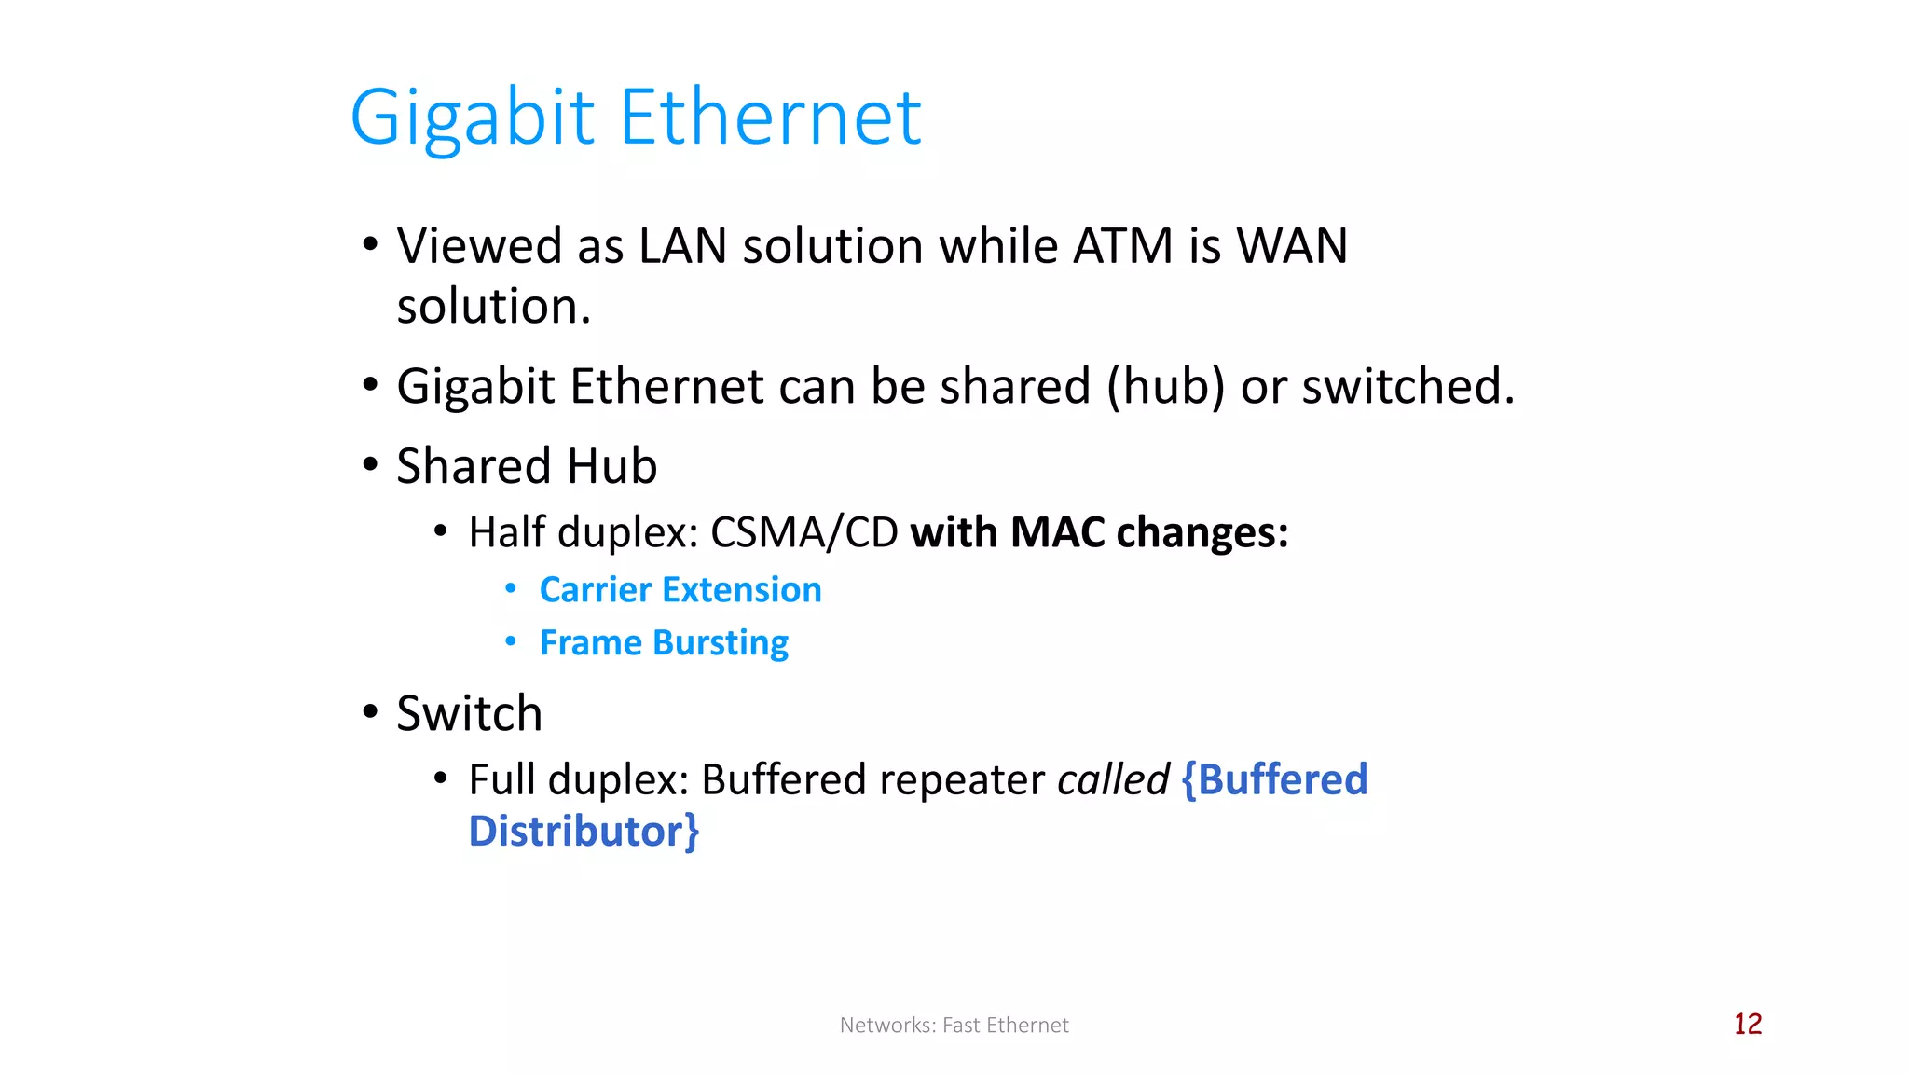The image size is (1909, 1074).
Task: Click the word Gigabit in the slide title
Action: tap(472, 118)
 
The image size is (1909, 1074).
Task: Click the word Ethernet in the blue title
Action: tap(770, 118)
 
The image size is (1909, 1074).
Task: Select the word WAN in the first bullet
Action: tap(1292, 246)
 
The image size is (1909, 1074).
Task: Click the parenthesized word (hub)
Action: tap(1165, 386)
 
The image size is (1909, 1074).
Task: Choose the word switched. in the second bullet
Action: tap(1408, 386)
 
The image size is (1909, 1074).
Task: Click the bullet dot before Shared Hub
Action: tap(370, 464)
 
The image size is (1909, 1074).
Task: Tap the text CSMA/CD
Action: tap(803, 532)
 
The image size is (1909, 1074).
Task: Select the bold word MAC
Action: tap(1057, 532)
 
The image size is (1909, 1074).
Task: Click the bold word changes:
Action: tap(1202, 532)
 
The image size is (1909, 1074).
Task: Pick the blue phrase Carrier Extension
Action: tap(680, 589)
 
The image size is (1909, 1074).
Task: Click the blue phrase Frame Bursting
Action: tap(664, 643)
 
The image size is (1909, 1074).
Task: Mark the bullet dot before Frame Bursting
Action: tap(510, 641)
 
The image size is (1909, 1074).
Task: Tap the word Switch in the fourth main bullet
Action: tap(469, 713)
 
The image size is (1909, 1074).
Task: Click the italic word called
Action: tap(1113, 779)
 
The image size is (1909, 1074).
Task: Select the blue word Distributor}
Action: tap(584, 832)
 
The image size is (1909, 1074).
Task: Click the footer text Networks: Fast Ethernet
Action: tap(954, 1026)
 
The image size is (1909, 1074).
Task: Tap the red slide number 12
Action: tap(1748, 1024)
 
